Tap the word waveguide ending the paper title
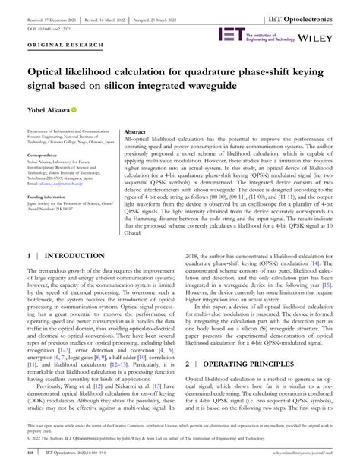coord(257,89)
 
